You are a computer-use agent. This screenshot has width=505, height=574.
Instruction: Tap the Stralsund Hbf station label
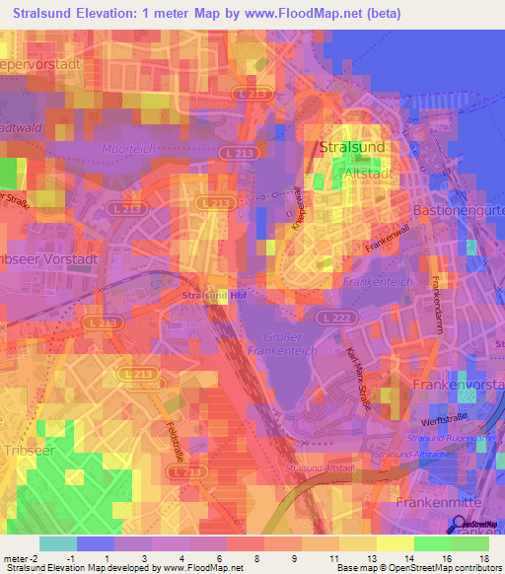[x=214, y=294]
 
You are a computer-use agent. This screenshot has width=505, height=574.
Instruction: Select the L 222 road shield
[x=330, y=316]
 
